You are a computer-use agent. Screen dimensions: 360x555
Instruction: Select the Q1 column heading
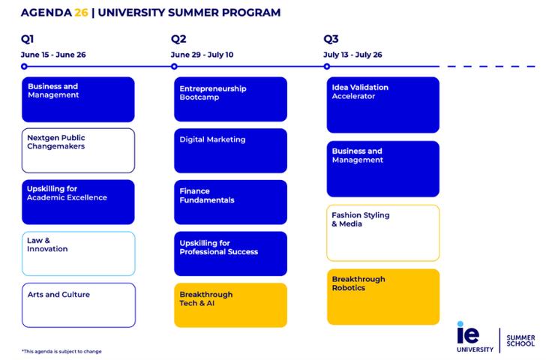tap(28, 39)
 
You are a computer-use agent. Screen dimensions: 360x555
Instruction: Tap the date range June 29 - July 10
tap(202, 55)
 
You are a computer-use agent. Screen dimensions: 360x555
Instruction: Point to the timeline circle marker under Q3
tap(327, 67)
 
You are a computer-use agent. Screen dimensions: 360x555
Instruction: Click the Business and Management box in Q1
tap(78, 99)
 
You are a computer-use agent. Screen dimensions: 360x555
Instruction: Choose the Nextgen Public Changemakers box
tap(78, 150)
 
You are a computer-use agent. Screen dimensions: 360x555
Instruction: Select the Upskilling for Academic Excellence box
tap(78, 202)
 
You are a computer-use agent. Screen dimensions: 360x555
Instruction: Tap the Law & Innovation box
tap(78, 253)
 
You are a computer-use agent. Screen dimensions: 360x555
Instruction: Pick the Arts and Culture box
tap(78, 304)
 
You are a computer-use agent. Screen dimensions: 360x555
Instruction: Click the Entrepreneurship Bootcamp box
tap(230, 99)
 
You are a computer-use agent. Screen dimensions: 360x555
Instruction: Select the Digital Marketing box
tap(230, 150)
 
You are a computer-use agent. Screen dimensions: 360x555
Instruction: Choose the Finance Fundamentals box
tap(230, 202)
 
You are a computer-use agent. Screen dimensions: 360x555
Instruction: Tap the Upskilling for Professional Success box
tap(230, 253)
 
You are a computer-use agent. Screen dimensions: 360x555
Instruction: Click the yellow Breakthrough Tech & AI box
tap(230, 304)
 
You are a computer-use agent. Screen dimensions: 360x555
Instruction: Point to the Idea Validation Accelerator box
tap(382, 104)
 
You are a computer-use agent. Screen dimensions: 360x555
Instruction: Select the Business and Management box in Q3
tap(382, 169)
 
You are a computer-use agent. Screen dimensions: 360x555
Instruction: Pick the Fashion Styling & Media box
tap(382, 232)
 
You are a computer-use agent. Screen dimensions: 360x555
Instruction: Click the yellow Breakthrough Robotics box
tap(382, 296)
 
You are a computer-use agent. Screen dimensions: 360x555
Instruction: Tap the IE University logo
tap(475, 337)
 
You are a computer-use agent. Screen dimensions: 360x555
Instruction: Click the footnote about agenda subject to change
tap(61, 351)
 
